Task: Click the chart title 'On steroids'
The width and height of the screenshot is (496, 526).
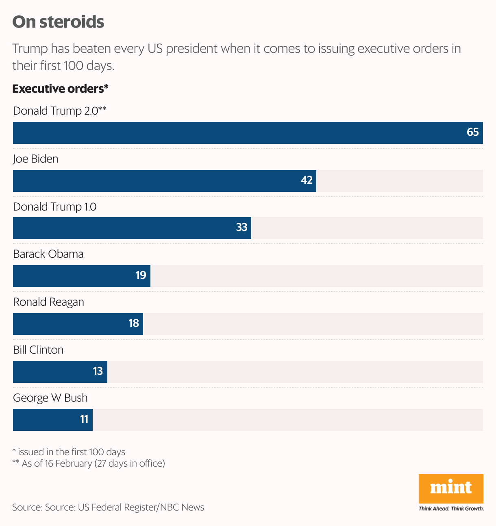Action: [x=58, y=22]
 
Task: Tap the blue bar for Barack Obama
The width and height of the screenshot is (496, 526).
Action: [x=81, y=276]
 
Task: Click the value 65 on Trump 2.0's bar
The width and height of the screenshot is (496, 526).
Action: [x=472, y=133]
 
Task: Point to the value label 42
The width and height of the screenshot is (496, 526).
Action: [x=307, y=180]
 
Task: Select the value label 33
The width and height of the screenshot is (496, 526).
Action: [x=241, y=227]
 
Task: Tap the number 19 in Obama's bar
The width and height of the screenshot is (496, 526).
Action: [x=141, y=276]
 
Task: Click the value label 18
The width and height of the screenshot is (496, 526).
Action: [x=133, y=323]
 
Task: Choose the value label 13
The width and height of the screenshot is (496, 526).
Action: [x=98, y=371]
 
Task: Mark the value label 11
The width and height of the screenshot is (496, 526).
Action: [x=84, y=419]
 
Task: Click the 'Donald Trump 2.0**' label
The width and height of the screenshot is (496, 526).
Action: [x=60, y=111]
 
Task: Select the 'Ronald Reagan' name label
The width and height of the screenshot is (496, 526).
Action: [x=48, y=302]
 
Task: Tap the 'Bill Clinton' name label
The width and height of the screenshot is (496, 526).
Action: [x=38, y=350]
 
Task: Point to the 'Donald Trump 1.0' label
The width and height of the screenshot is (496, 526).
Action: [x=55, y=207]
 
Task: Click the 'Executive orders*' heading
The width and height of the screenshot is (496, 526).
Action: [x=60, y=89]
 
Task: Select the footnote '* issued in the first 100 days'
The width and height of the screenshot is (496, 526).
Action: [x=69, y=452]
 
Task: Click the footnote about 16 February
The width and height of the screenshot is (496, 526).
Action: [x=89, y=463]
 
